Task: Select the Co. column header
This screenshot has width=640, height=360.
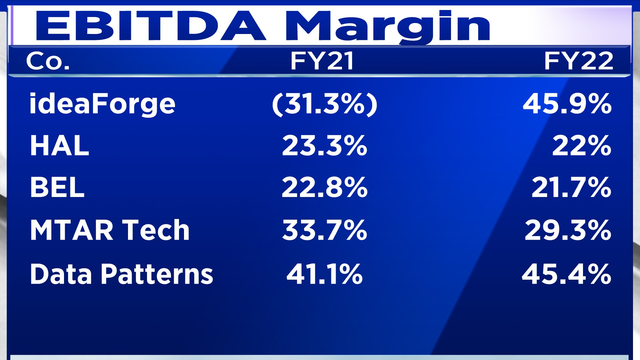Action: pyautogui.click(x=48, y=61)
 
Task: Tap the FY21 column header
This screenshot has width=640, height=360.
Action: pyautogui.click(x=322, y=61)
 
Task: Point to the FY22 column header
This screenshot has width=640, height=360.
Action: pyautogui.click(x=578, y=61)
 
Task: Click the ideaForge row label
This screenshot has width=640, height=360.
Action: pyautogui.click(x=102, y=104)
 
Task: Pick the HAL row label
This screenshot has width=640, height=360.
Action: pyautogui.click(x=60, y=146)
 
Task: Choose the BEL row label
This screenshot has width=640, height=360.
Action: pyautogui.click(x=57, y=187)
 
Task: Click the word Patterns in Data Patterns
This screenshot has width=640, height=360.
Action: pyautogui.click(x=157, y=274)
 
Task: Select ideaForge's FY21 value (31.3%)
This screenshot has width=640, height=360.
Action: pyautogui.click(x=325, y=104)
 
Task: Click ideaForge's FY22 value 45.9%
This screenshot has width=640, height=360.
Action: pyautogui.click(x=567, y=104)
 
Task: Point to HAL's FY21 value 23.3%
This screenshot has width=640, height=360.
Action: pyautogui.click(x=325, y=146)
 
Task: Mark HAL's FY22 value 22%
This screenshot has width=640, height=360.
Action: pyautogui.click(x=582, y=146)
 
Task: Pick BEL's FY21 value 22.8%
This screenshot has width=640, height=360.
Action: pyautogui.click(x=325, y=187)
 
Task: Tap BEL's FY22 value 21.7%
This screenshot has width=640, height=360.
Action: pyautogui.click(x=571, y=187)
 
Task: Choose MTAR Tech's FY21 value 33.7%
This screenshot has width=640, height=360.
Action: pyautogui.click(x=325, y=230)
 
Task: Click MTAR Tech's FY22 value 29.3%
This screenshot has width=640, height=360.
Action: pyautogui.click(x=568, y=230)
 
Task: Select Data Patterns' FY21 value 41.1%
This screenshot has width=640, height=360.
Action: pyautogui.click(x=325, y=274)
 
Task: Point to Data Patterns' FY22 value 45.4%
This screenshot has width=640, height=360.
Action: pyautogui.click(x=566, y=274)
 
